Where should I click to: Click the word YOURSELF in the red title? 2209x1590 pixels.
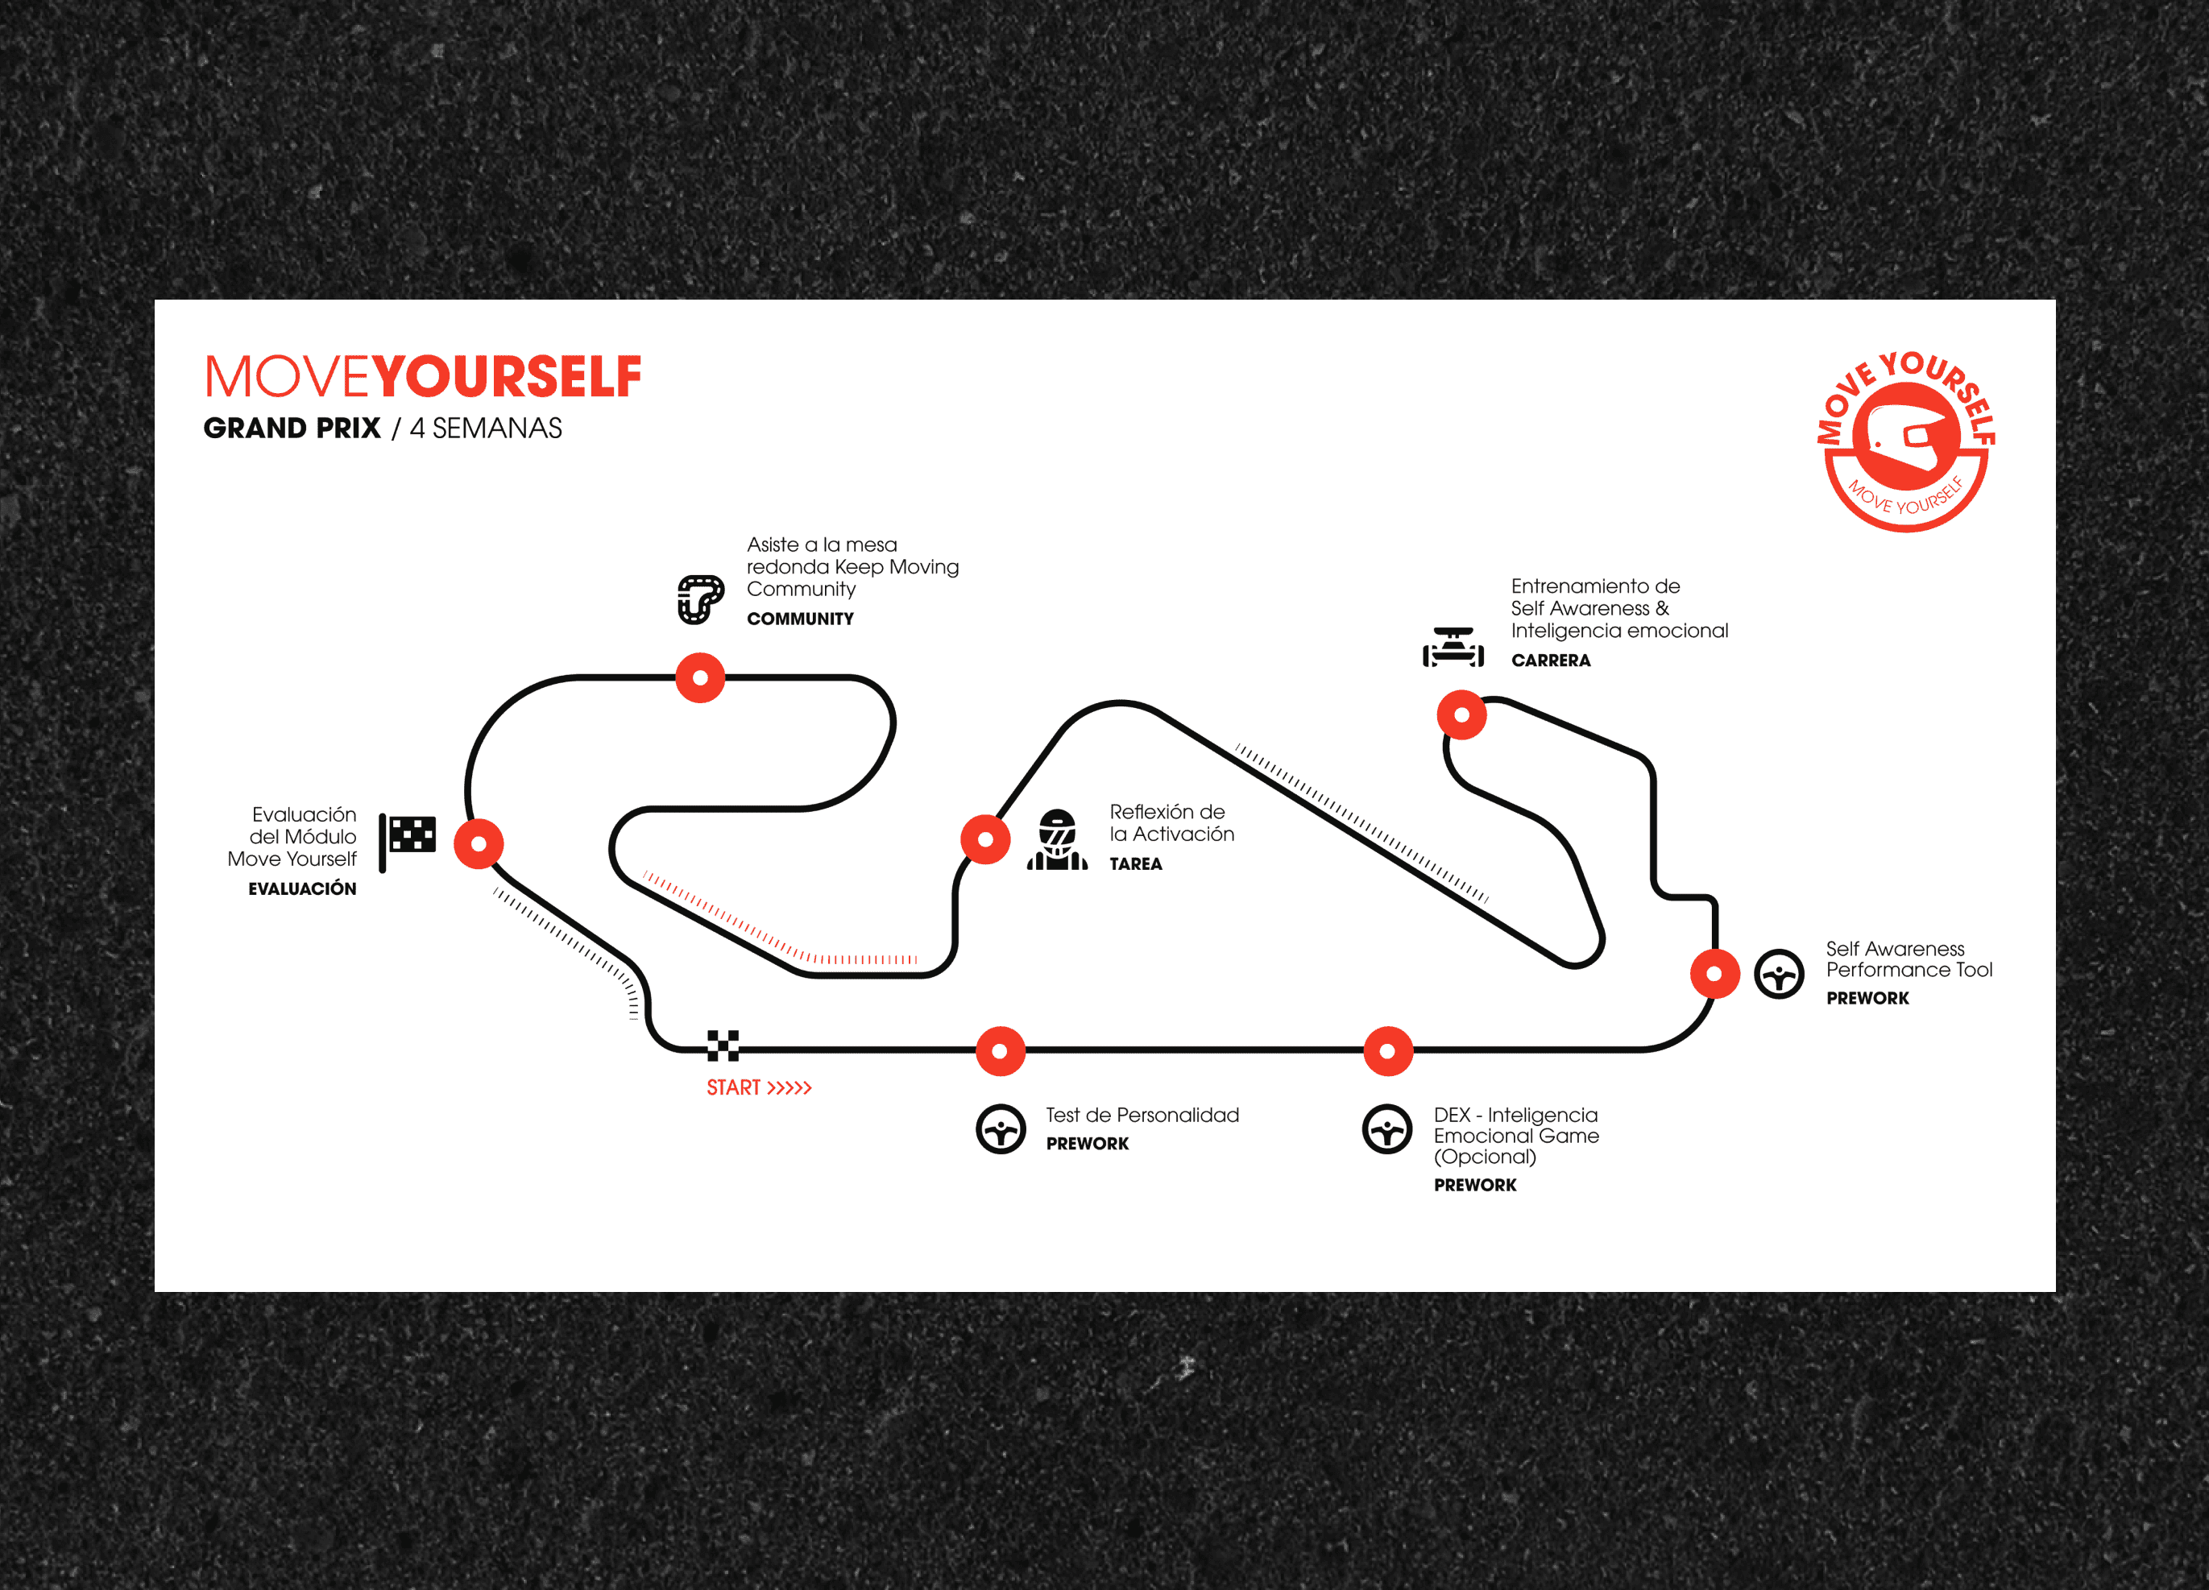507,377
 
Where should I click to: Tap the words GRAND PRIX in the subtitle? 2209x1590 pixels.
292,429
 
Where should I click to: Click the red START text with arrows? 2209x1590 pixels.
759,1087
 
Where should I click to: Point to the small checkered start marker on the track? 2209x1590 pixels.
723,1045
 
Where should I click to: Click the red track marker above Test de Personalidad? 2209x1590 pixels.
1001,1050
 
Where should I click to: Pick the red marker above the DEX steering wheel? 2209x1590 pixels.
1388,1050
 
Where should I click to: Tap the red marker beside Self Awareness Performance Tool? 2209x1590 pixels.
1714,973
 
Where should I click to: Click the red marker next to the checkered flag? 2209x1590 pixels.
479,843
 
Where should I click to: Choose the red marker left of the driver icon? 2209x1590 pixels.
986,838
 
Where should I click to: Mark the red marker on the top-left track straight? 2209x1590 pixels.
700,677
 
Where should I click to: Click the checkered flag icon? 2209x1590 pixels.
408,839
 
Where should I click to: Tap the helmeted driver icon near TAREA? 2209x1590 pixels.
1057,839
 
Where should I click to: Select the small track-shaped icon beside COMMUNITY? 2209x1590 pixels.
701,598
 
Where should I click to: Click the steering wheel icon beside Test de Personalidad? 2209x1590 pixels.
1001,1129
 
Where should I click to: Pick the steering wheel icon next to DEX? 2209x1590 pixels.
1387,1129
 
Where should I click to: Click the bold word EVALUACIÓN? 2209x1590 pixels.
302,888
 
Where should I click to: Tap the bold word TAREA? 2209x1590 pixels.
1136,863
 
